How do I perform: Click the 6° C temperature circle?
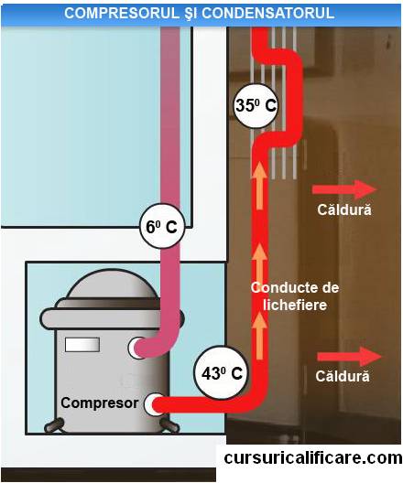[162, 226]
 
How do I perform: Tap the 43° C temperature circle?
[221, 372]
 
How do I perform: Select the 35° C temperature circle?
[256, 106]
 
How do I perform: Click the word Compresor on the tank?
[100, 402]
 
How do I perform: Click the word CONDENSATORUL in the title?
[268, 13]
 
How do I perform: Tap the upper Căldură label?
[344, 209]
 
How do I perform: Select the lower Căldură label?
[343, 376]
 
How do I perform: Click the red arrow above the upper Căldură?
[344, 189]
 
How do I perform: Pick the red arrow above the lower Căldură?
[349, 357]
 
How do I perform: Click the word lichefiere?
[294, 305]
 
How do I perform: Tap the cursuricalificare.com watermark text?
[313, 457]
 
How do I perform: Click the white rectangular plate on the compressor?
[82, 345]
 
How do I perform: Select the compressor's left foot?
[54, 425]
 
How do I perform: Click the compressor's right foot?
[170, 425]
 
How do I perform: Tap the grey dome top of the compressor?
[112, 284]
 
